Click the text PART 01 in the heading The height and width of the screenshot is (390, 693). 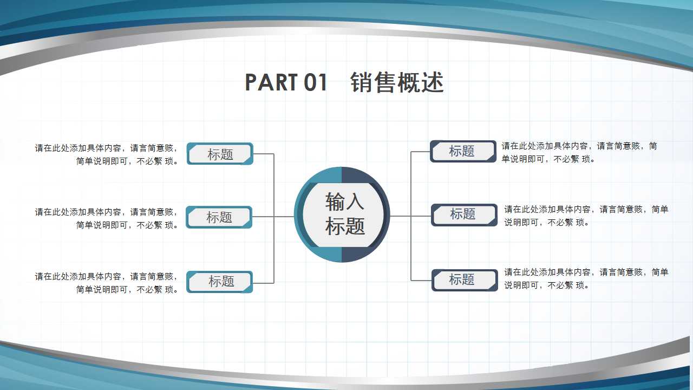click(286, 83)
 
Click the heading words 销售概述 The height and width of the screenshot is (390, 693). click(397, 83)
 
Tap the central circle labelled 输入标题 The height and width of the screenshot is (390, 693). click(344, 214)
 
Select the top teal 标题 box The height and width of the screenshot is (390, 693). click(220, 154)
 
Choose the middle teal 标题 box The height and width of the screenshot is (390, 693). click(219, 217)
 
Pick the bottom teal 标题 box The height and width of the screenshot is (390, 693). click(220, 282)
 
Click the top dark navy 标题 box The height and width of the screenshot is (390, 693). click(463, 151)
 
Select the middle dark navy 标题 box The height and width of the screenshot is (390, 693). click(464, 214)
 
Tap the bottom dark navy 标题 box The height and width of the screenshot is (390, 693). click(465, 280)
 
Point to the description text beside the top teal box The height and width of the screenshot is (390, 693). click(107, 154)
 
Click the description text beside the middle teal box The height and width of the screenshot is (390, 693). click(107, 218)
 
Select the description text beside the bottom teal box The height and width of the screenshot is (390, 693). click(107, 283)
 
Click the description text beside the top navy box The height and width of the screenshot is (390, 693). click(579, 152)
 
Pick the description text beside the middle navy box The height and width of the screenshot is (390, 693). click(586, 216)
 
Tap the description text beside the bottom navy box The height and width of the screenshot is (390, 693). click(586, 278)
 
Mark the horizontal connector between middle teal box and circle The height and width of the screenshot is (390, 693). click(273, 217)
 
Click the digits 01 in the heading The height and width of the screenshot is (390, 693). click(316, 83)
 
